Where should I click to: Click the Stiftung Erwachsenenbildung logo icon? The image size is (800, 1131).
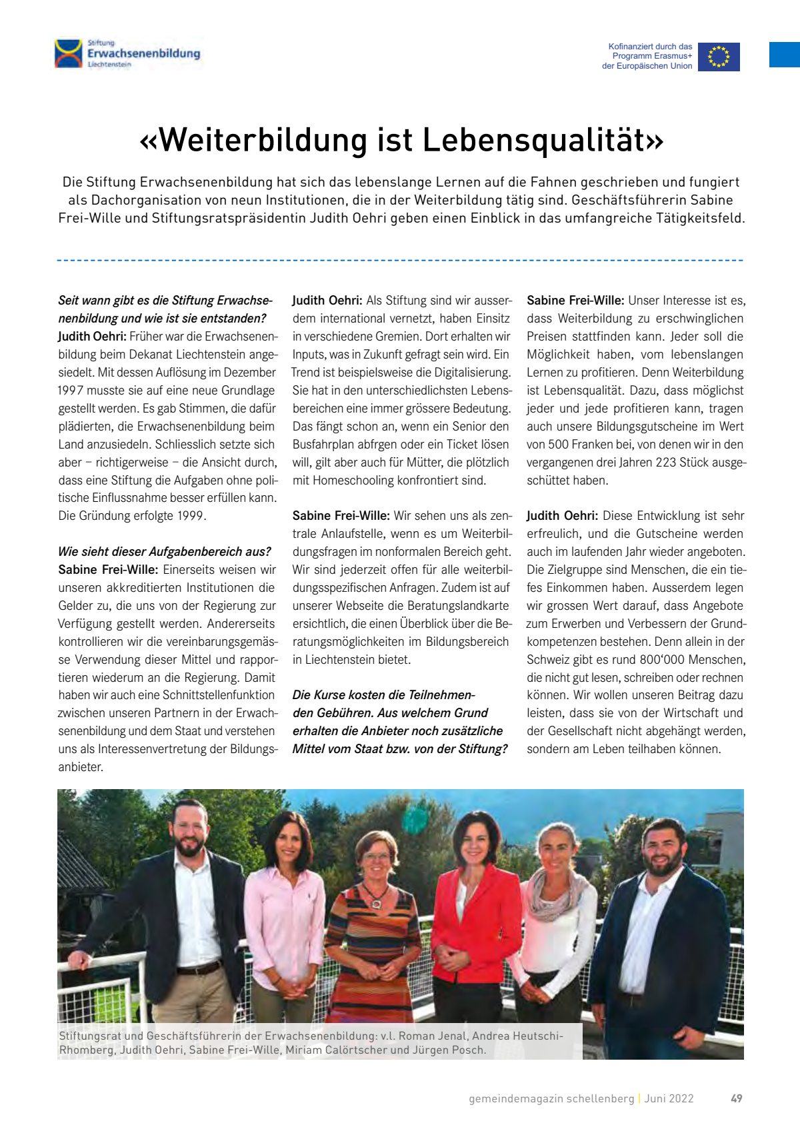point(69,53)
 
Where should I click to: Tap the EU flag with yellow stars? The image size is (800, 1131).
point(719,57)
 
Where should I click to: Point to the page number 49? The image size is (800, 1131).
point(736,1098)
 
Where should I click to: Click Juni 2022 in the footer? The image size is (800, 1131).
point(669,1098)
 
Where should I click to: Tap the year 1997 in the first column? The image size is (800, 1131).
point(71,391)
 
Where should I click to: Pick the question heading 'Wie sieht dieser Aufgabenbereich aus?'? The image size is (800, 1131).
point(164,552)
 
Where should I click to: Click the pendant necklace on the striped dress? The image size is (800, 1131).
point(376,904)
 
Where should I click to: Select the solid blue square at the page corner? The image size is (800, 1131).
point(785,55)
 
